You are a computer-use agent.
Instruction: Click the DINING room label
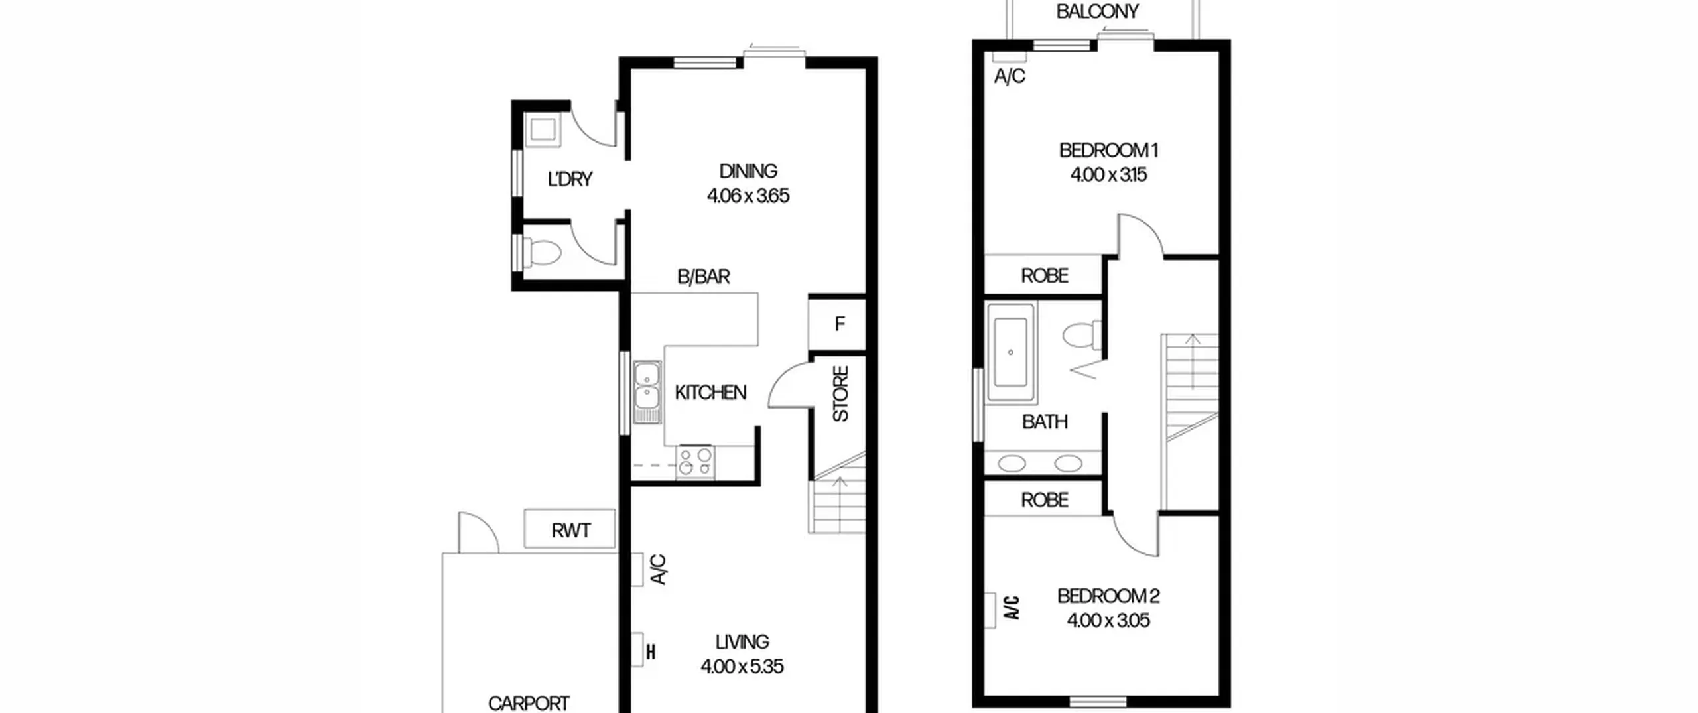748,171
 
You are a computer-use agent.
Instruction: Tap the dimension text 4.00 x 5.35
742,666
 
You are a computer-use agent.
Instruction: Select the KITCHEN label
710,393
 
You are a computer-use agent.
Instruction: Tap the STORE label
840,394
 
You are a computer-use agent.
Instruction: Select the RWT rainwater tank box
570,529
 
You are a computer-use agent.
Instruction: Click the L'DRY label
570,179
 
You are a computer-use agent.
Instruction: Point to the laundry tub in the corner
543,129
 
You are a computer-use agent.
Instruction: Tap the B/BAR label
703,277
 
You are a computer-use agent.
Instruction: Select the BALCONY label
1097,11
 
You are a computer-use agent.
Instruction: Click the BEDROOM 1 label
1108,150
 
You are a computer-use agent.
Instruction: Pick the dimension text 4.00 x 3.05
1108,620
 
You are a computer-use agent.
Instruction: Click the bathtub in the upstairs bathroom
1011,353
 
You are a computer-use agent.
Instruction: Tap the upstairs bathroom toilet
1082,335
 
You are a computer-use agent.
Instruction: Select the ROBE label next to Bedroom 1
1044,275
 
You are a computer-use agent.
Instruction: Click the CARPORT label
529,703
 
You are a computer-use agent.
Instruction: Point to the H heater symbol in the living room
651,652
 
